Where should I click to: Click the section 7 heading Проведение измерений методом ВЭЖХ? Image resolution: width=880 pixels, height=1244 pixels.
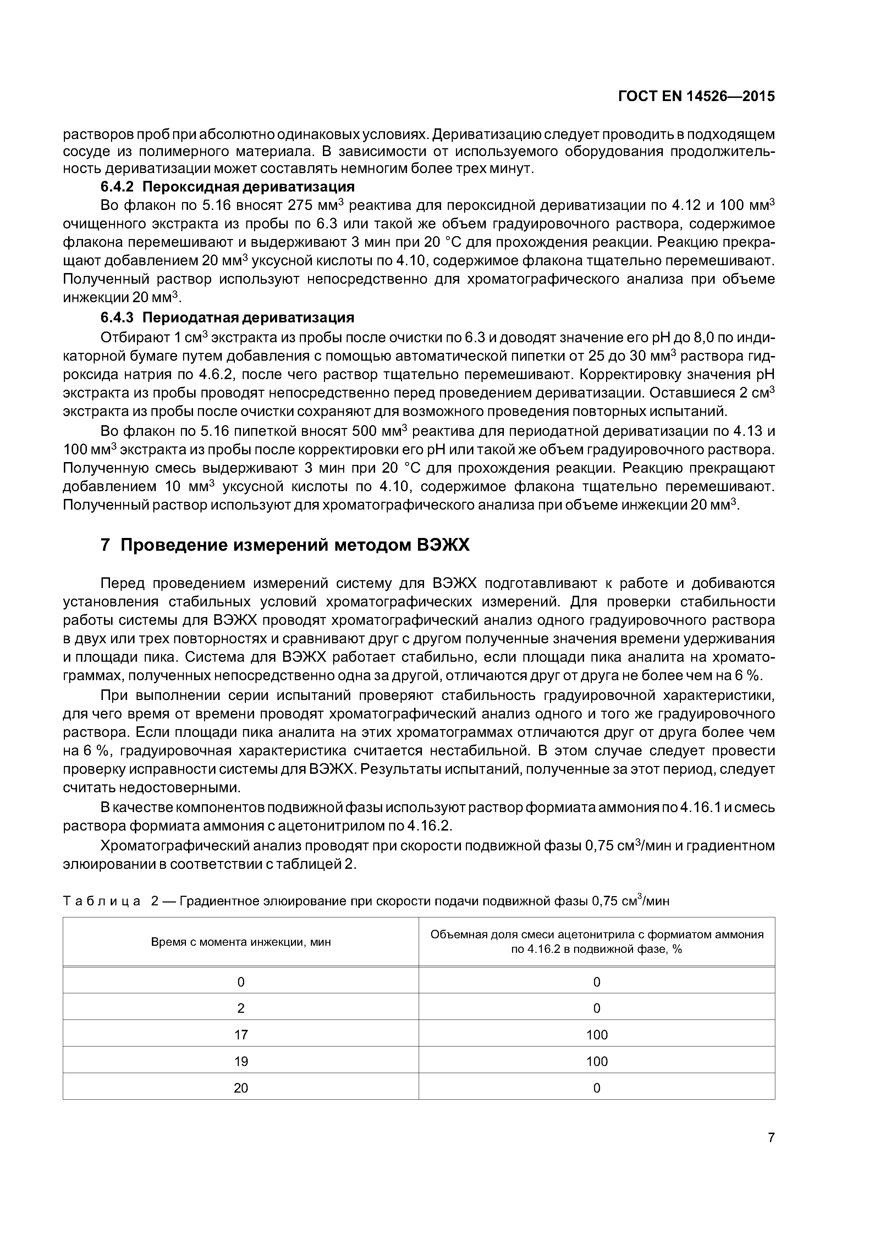pos(285,545)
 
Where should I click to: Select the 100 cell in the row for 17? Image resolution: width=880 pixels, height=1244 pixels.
pos(596,1035)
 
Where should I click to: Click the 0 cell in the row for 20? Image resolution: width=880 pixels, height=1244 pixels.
pos(596,1088)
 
